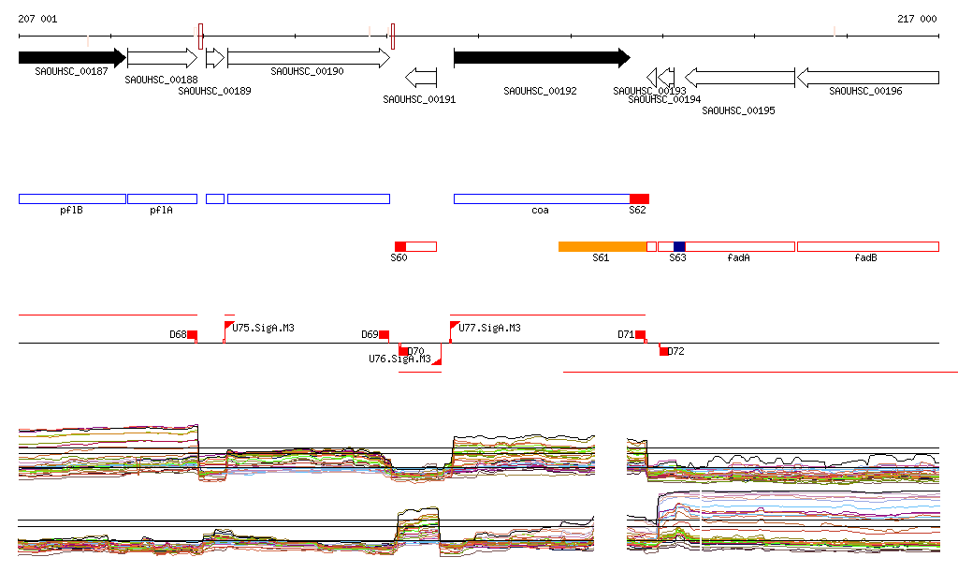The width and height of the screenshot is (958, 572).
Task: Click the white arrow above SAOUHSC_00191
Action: (x=421, y=76)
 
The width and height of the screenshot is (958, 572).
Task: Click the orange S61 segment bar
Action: (x=602, y=246)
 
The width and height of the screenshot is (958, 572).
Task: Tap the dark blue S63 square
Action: (x=679, y=246)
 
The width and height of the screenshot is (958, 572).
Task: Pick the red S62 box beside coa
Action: (x=639, y=198)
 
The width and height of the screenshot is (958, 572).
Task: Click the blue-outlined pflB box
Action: (x=72, y=198)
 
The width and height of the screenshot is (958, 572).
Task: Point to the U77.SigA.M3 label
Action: (x=489, y=328)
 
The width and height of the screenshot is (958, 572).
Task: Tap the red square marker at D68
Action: (x=193, y=335)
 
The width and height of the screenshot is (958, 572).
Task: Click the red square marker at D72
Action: (x=664, y=351)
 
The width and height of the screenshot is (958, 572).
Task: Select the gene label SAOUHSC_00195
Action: (x=738, y=110)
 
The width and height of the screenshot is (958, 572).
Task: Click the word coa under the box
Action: (x=540, y=211)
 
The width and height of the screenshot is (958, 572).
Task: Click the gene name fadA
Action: (x=738, y=257)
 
